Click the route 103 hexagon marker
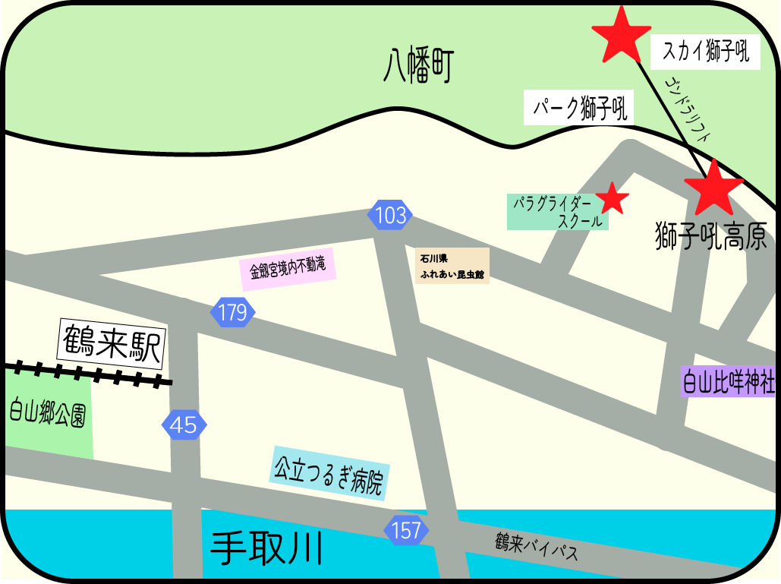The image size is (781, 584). coord(391,216)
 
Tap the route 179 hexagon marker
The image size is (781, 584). coord(232,312)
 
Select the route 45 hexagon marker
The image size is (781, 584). coord(184,425)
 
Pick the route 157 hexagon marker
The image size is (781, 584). coord(406,530)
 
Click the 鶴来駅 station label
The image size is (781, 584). coord(111,344)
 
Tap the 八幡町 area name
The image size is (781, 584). coord(418,66)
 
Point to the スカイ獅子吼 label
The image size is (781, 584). coord(706,52)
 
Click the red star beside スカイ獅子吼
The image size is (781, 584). coord(621,36)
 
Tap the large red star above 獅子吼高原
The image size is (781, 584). coord(713,188)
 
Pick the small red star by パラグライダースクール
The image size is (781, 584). coord(613,199)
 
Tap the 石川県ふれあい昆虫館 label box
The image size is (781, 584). coord(452,265)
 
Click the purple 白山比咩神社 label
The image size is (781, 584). coord(728,380)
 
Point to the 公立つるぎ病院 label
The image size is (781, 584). coord(329,472)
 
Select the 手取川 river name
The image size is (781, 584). coord(267,547)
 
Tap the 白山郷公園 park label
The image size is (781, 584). coord(47,413)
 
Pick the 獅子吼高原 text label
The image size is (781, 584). coord(710,236)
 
